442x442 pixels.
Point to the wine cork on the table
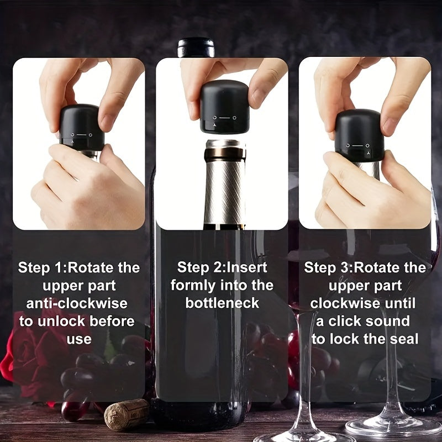point(126,414)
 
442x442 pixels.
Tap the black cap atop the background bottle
point(196,48)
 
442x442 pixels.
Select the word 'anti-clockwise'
point(77,303)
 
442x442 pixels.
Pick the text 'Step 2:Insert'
point(222,267)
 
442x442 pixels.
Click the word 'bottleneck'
point(222,303)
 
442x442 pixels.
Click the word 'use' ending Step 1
point(78,339)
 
